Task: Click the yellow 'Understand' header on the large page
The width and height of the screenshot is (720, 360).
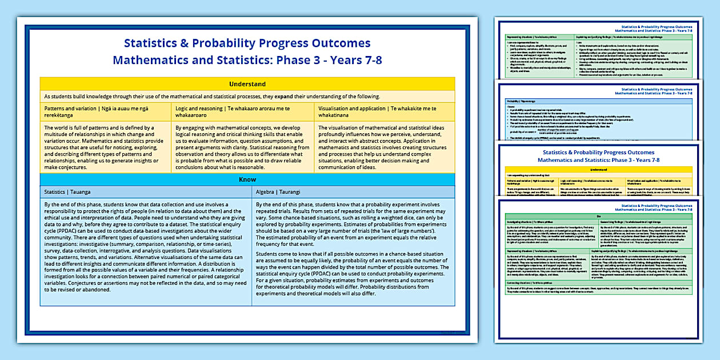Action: pos(247,84)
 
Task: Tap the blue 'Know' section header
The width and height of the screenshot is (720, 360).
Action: pos(247,179)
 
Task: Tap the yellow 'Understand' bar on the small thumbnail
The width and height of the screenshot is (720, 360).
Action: pos(598,170)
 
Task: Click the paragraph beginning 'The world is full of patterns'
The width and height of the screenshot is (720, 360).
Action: pos(105,148)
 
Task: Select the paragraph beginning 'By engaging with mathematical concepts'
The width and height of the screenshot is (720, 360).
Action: pos(242,148)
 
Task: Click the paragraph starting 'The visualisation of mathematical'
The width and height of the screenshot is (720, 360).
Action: pos(384,148)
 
